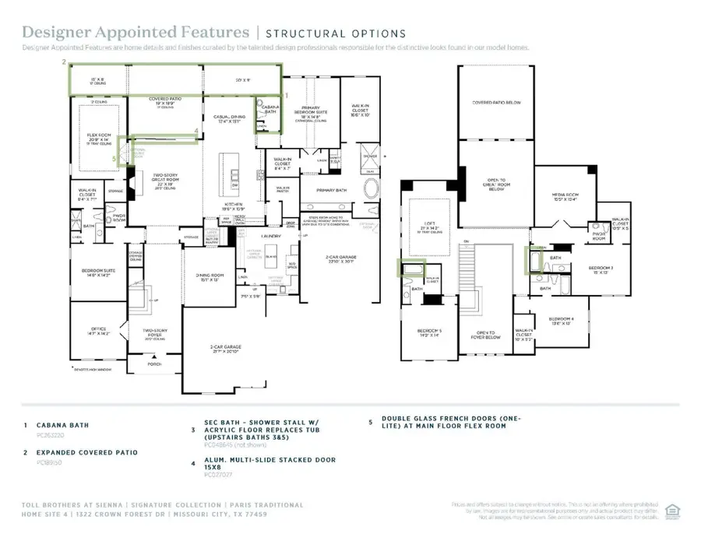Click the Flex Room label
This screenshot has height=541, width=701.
tap(100, 137)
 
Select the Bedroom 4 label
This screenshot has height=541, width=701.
tap(562, 321)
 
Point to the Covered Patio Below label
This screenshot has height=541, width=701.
tap(497, 103)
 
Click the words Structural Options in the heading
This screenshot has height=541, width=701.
tap(336, 33)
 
